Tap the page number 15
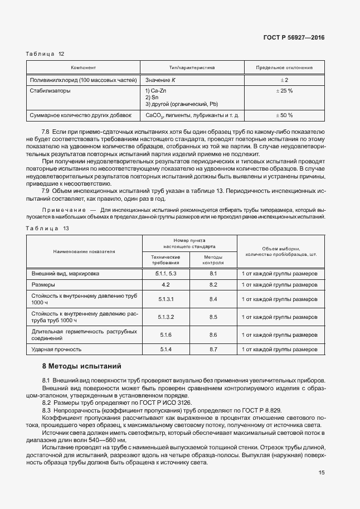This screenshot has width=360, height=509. (322, 472)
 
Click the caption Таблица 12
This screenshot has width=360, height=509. (45, 54)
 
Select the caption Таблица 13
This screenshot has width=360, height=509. (47, 229)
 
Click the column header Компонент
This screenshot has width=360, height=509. (84, 67)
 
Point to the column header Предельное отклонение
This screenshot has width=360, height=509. (284, 67)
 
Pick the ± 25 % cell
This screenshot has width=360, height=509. (284, 90)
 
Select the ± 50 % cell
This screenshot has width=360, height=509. (284, 115)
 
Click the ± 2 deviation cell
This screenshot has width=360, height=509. (284, 80)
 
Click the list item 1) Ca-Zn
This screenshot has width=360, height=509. (156, 90)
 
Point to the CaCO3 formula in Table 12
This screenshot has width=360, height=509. (154, 115)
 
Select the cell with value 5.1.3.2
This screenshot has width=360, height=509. (166, 317)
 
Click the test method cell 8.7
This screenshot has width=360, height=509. (213, 349)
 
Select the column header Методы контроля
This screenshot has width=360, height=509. (213, 259)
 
